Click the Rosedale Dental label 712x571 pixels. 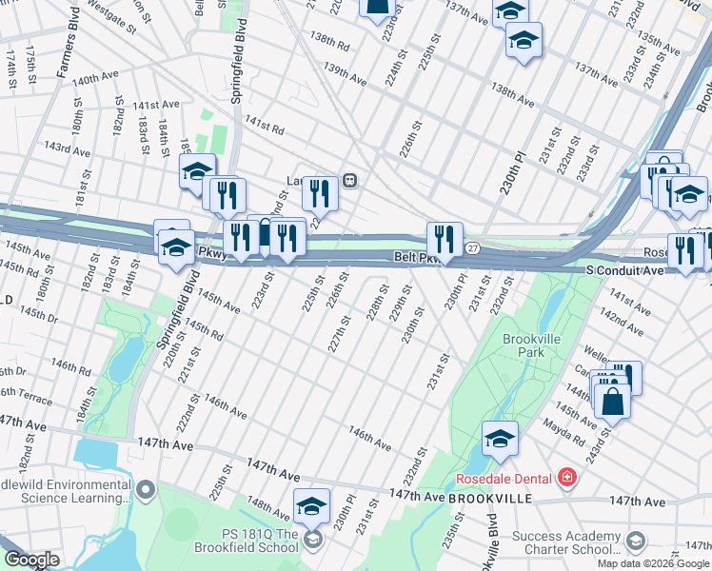click(504, 478)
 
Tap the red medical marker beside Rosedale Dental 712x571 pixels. click(567, 477)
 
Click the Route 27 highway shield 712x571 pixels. click(474, 248)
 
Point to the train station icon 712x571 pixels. click(350, 180)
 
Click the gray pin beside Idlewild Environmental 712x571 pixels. click(146, 491)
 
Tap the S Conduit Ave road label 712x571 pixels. click(625, 271)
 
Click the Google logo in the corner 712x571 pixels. click(31, 561)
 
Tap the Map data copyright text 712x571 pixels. click(654, 563)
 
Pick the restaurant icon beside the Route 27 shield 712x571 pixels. click(445, 239)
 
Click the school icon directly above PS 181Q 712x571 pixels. click(310, 506)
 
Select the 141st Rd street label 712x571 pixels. click(265, 125)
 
